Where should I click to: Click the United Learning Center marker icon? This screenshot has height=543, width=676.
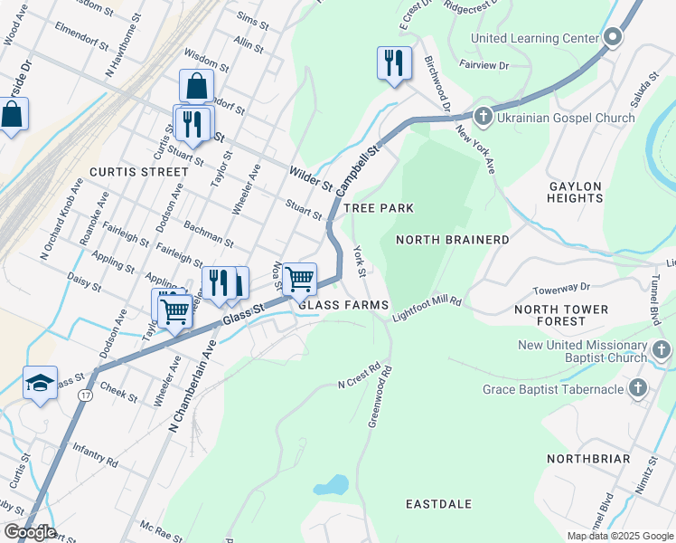pos(614,38)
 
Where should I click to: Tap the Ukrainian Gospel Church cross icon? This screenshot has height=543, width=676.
pos(484,118)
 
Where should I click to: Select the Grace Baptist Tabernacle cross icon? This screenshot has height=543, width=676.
pos(639,389)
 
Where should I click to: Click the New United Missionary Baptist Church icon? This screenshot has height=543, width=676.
pos(662,350)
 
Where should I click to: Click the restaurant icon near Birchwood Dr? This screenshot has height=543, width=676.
pos(393,62)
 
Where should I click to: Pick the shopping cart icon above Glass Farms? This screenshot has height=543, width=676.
pos(299,278)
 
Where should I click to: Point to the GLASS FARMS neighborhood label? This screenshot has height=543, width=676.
pos(344,305)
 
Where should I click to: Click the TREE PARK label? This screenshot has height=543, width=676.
pos(384,208)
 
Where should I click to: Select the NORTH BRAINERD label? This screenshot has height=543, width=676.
pos(453,240)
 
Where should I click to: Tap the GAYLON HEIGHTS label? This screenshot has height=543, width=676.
pos(576,192)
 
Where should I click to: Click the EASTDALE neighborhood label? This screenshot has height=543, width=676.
pos(443,503)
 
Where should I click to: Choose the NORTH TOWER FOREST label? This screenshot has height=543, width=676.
pos(561,315)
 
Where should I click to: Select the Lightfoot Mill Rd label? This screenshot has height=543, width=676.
pos(427,308)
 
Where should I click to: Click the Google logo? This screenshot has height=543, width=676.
pos(30,532)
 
